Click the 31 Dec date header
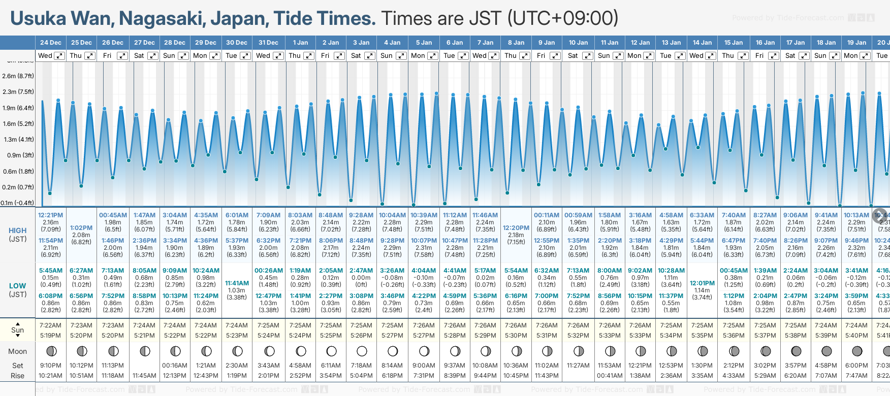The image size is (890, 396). click(x=268, y=43)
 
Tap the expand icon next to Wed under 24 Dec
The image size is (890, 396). click(x=59, y=56)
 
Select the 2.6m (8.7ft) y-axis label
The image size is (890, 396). click(x=18, y=76)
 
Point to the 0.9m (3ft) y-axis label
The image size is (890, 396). click(x=18, y=155)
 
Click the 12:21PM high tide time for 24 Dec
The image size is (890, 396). click(x=50, y=215)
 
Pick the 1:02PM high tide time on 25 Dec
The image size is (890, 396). click(x=81, y=228)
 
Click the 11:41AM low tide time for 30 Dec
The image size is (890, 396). click(x=237, y=283)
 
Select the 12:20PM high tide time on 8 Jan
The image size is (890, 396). click(x=516, y=228)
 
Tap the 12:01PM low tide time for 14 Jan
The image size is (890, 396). click(x=702, y=283)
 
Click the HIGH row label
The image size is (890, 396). click(x=17, y=230)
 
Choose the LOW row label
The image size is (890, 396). click(x=17, y=286)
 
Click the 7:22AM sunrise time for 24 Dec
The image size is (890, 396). click(x=50, y=325)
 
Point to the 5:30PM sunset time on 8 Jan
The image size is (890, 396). click(x=516, y=336)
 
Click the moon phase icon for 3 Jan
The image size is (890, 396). click(x=362, y=351)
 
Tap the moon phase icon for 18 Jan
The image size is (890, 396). click(x=827, y=351)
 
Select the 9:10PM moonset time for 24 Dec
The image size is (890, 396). click(x=50, y=366)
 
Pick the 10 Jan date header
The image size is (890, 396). click(x=578, y=43)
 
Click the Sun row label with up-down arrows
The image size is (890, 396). click(x=17, y=330)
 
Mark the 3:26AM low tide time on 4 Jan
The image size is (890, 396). click(x=392, y=271)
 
